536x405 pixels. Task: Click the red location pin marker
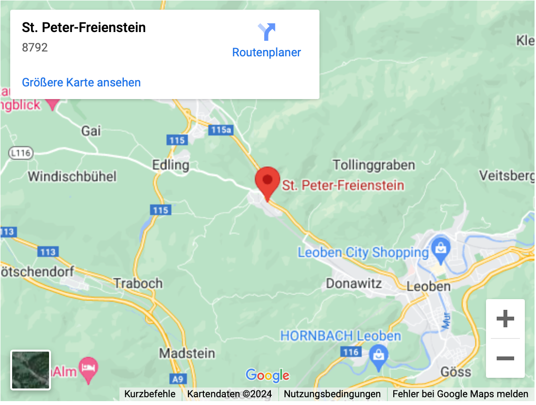(267, 181)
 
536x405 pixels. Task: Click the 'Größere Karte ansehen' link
(81, 83)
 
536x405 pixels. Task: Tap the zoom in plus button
(505, 319)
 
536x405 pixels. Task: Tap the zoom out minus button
(505, 358)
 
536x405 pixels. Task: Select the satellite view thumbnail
(31, 370)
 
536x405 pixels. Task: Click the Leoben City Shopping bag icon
(440, 249)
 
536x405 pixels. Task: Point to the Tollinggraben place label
(374, 165)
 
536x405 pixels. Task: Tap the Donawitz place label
(354, 283)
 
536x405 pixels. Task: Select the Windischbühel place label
(72, 176)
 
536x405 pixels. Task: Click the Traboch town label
(138, 283)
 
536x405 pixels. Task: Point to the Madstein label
(187, 354)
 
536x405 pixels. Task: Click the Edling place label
(170, 165)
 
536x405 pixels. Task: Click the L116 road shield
(20, 153)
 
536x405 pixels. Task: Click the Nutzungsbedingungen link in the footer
(332, 394)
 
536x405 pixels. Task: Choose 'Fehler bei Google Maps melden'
(460, 394)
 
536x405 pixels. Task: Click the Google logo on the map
(268, 375)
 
